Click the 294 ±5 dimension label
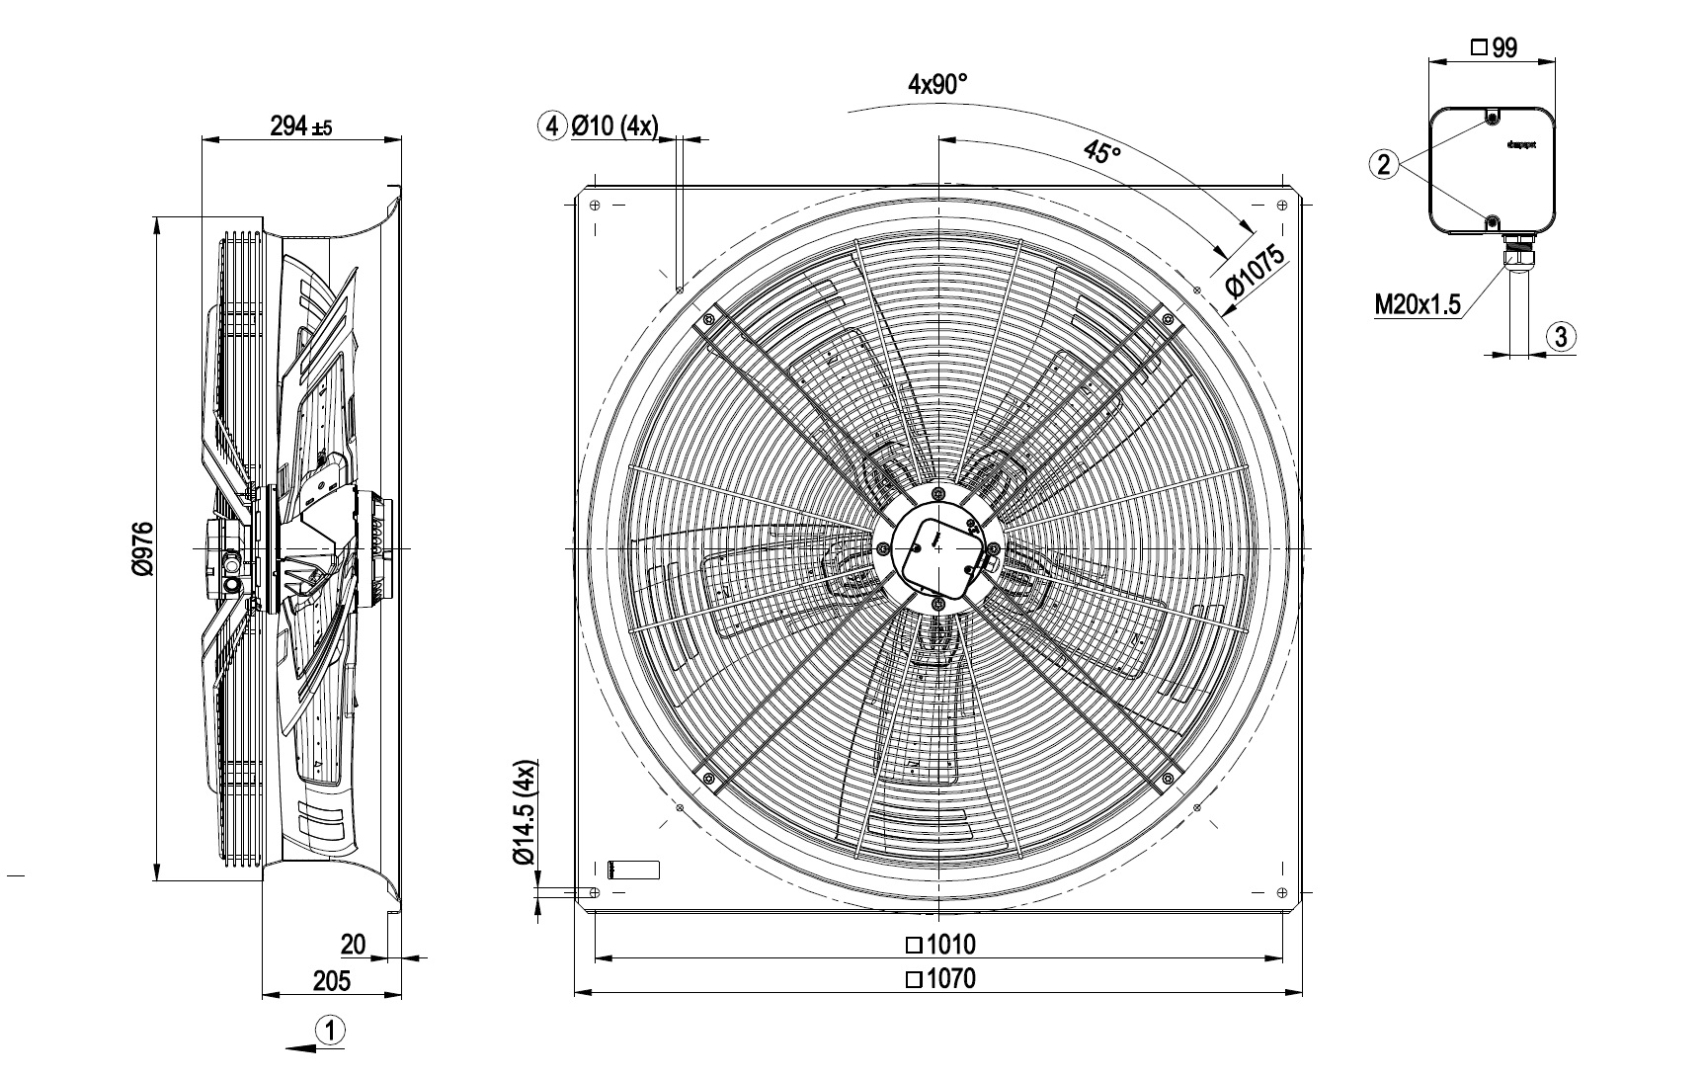[300, 126]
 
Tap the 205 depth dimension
[331, 980]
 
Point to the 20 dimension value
[353, 945]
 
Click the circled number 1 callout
[331, 1032]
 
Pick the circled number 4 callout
[552, 125]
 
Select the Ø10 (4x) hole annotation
[613, 125]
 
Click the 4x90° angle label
[937, 85]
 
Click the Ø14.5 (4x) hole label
[525, 813]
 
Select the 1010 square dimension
[940, 945]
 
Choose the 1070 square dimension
[940, 979]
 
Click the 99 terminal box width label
[1494, 47]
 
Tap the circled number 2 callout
[1384, 164]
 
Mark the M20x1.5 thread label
[1418, 304]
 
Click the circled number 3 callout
[1561, 337]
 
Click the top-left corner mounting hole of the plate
[595, 206]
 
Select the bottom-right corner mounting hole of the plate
[1281, 892]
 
